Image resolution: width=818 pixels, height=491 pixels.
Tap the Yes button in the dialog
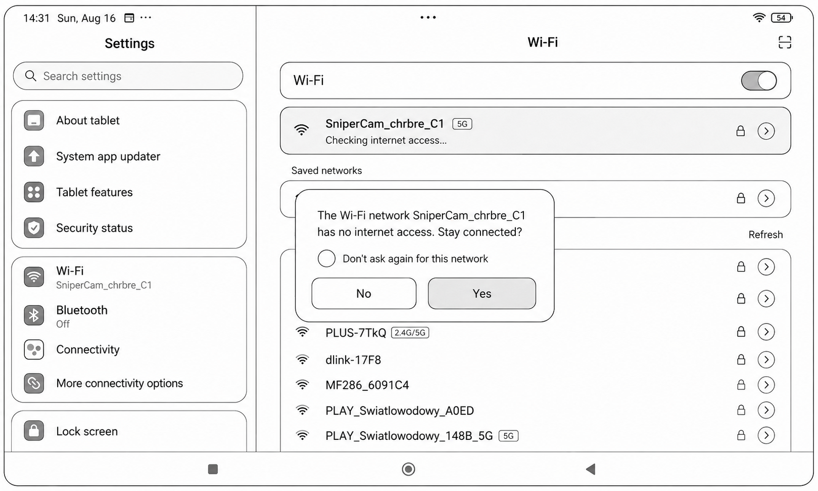click(x=482, y=293)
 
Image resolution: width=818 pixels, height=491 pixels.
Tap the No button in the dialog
click(x=364, y=293)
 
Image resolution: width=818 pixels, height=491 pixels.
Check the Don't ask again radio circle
click(x=326, y=258)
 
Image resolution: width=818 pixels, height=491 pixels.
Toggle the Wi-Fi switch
click(x=759, y=80)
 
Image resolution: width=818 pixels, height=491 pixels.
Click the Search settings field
click(x=128, y=76)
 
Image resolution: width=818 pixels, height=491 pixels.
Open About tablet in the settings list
click(x=87, y=120)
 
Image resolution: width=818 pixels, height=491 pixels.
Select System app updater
click(x=108, y=156)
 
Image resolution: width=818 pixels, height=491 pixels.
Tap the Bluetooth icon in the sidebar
click(x=34, y=315)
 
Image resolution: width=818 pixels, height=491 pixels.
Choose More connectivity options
click(x=119, y=383)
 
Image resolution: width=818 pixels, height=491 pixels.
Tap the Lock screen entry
click(x=87, y=431)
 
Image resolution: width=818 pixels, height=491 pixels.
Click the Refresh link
click(x=765, y=234)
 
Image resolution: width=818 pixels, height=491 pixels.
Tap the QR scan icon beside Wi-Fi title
click(x=785, y=42)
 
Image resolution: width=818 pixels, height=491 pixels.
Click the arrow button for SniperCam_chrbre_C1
click(x=766, y=131)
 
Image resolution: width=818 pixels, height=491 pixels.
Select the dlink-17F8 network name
click(x=353, y=360)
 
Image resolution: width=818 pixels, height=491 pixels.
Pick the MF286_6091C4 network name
click(x=367, y=385)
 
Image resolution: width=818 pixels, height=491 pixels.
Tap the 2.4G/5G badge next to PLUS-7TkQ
click(x=410, y=333)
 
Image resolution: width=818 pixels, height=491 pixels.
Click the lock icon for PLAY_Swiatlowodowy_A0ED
click(x=741, y=410)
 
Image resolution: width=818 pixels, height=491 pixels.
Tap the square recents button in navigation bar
click(x=213, y=469)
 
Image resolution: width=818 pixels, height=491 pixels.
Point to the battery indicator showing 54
click(x=782, y=18)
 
